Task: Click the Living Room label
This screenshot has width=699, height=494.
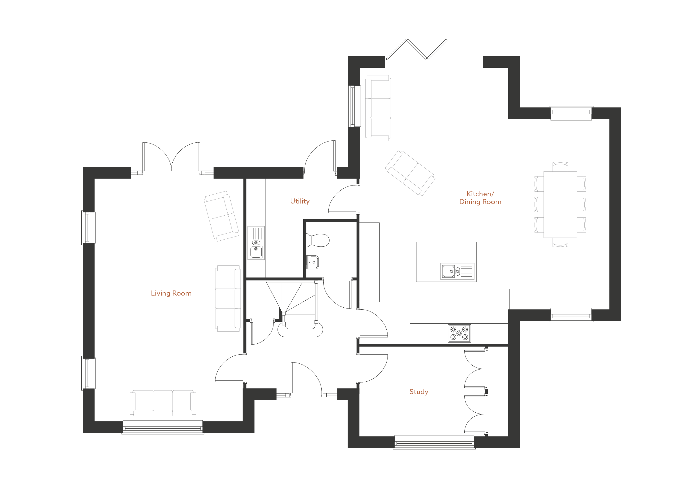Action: tap(171, 293)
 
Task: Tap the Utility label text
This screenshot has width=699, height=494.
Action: tap(300, 201)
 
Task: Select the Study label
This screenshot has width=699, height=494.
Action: tap(419, 392)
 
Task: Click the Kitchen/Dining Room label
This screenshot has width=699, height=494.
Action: tap(480, 198)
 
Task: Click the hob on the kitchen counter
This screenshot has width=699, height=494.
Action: tap(459, 333)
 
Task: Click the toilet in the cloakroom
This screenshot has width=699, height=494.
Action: tap(318, 240)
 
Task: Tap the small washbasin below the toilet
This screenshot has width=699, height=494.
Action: tap(313, 262)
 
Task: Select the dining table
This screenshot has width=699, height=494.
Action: tap(560, 205)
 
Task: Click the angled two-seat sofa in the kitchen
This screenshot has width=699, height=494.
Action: tap(410, 173)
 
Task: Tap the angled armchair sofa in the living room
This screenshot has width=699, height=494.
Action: tap(221, 216)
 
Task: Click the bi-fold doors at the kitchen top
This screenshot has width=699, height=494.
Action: tap(417, 49)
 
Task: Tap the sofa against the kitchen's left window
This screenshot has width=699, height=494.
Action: tap(378, 108)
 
